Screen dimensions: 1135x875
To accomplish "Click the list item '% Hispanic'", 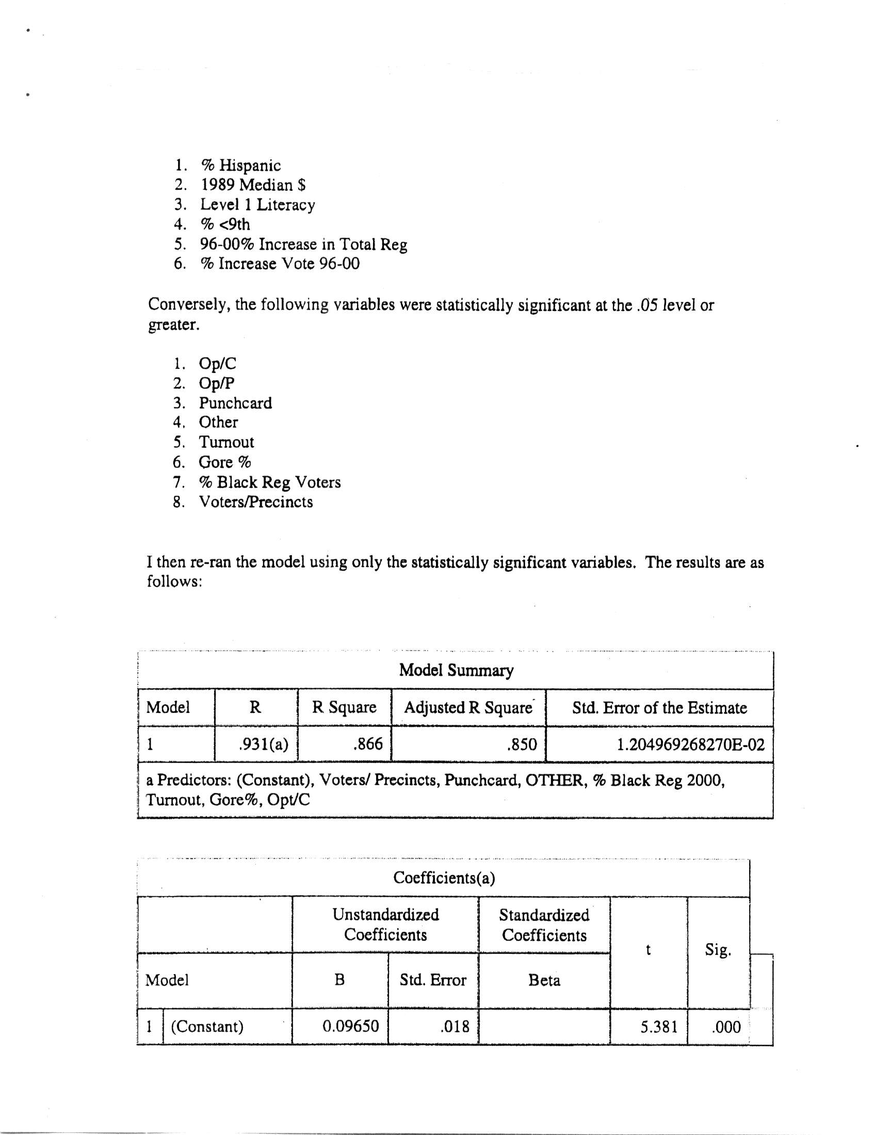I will (x=240, y=166).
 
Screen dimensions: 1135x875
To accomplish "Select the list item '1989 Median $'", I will (x=253, y=185).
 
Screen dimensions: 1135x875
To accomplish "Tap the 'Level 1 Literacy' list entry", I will (x=258, y=205).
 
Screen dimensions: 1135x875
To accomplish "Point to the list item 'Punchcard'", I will (x=235, y=403).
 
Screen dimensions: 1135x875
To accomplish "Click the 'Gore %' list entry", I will (x=225, y=462).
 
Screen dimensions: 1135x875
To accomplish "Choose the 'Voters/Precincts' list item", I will (x=256, y=502).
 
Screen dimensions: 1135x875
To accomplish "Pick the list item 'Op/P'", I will (x=217, y=383).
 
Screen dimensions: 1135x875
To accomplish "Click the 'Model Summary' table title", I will (x=456, y=670).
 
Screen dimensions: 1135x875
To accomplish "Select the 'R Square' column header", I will (x=344, y=707).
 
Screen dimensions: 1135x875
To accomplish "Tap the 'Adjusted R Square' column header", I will (x=468, y=707).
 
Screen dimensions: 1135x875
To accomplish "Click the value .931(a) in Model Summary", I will (x=263, y=744).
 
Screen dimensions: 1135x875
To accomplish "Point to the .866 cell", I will (x=367, y=744).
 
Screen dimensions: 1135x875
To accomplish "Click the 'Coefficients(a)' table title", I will (x=444, y=878).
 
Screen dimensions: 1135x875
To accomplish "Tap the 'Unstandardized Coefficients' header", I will (x=385, y=925).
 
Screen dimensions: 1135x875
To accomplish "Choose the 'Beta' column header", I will (x=544, y=980).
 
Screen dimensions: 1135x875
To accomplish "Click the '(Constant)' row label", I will (x=207, y=1026).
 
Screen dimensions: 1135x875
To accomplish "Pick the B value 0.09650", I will (x=351, y=1026).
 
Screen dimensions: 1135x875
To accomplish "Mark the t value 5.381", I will (x=659, y=1027).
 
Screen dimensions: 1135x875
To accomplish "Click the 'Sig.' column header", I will (x=718, y=950).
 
